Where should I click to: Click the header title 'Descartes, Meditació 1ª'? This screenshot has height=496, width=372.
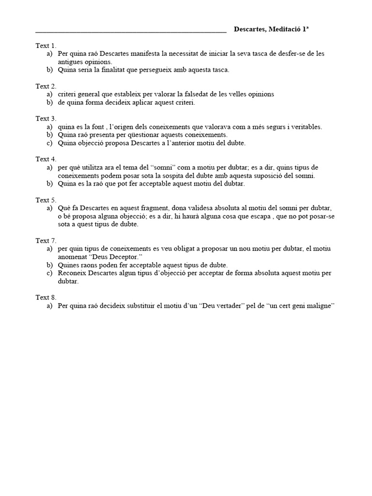(271, 29)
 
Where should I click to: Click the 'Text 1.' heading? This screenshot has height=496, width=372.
(46, 46)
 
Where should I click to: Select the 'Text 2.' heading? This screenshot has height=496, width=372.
(46, 86)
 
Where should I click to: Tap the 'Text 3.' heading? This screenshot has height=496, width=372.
(46, 118)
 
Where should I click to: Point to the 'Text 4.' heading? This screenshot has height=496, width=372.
(46, 159)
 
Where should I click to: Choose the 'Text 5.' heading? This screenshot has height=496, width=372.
(46, 200)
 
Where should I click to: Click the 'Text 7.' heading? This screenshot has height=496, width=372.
(46, 240)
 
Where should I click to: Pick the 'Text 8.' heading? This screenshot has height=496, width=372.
(46, 297)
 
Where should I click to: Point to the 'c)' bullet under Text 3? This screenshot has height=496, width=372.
(49, 143)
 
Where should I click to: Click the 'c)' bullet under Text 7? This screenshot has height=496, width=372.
(49, 273)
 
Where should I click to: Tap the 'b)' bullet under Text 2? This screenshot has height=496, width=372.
(49, 102)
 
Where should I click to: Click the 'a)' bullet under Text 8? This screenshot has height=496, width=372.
(49, 306)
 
